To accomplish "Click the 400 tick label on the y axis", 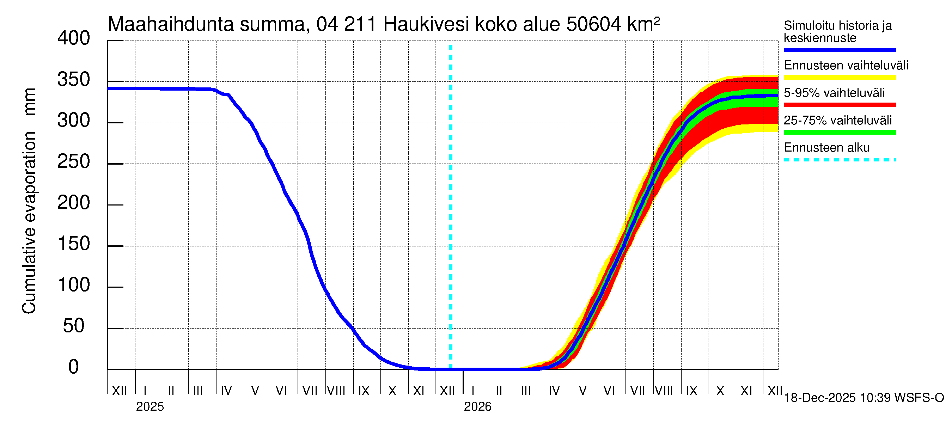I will coord(74,38).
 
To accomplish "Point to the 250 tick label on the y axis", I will coord(74,162).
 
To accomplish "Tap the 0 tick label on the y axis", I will coord(74,367).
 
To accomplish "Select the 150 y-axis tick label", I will coord(74,244).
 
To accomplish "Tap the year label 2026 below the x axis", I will coord(477,407).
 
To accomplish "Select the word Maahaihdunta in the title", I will coord(171,24).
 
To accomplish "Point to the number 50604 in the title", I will coord(593,24).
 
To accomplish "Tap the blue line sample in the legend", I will coord(840,50).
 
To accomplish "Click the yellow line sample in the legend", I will coord(840,78).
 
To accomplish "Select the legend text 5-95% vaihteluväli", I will coord(834,93).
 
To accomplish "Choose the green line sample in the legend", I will coord(840,132).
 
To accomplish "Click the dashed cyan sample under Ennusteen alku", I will coord(840,160).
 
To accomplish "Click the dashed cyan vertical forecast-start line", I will coord(451,207).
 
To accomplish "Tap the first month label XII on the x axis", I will coord(119,391).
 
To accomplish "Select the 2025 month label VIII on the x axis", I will coord(336,391).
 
